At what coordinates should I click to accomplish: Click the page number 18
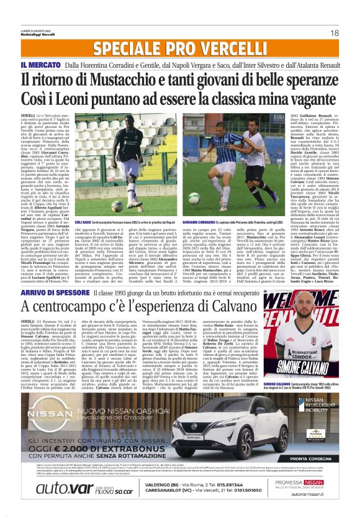[334, 32]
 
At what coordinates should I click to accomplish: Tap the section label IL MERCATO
[40, 65]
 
